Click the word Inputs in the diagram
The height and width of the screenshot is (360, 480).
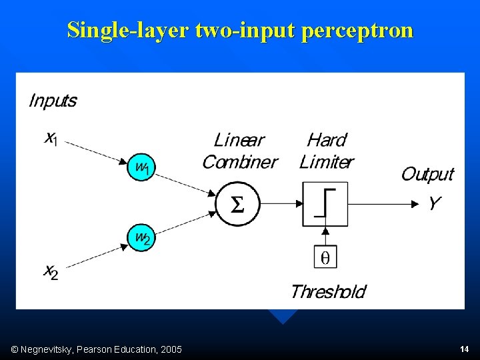pyautogui.click(x=53, y=101)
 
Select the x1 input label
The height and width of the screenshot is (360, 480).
pyautogui.click(x=51, y=139)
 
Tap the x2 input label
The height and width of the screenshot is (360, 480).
pyautogui.click(x=51, y=271)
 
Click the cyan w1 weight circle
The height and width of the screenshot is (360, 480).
pyautogui.click(x=141, y=167)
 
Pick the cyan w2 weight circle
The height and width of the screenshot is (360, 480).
pyautogui.click(x=141, y=237)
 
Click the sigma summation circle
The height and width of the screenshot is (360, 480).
pyautogui.click(x=237, y=204)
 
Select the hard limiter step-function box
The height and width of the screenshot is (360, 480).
pyautogui.click(x=325, y=203)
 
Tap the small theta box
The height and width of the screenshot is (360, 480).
pyautogui.click(x=325, y=257)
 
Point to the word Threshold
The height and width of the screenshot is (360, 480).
pyautogui.click(x=328, y=291)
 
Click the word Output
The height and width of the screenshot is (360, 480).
pyautogui.click(x=427, y=174)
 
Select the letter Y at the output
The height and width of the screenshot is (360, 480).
pyautogui.click(x=434, y=203)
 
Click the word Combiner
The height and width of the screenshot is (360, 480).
pyautogui.click(x=239, y=162)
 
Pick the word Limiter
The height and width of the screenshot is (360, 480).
pyautogui.click(x=327, y=162)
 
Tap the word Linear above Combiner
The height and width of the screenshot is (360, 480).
pyautogui.click(x=239, y=140)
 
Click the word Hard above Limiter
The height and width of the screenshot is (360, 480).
pyautogui.click(x=327, y=140)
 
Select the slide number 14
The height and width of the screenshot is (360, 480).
pyautogui.click(x=464, y=349)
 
